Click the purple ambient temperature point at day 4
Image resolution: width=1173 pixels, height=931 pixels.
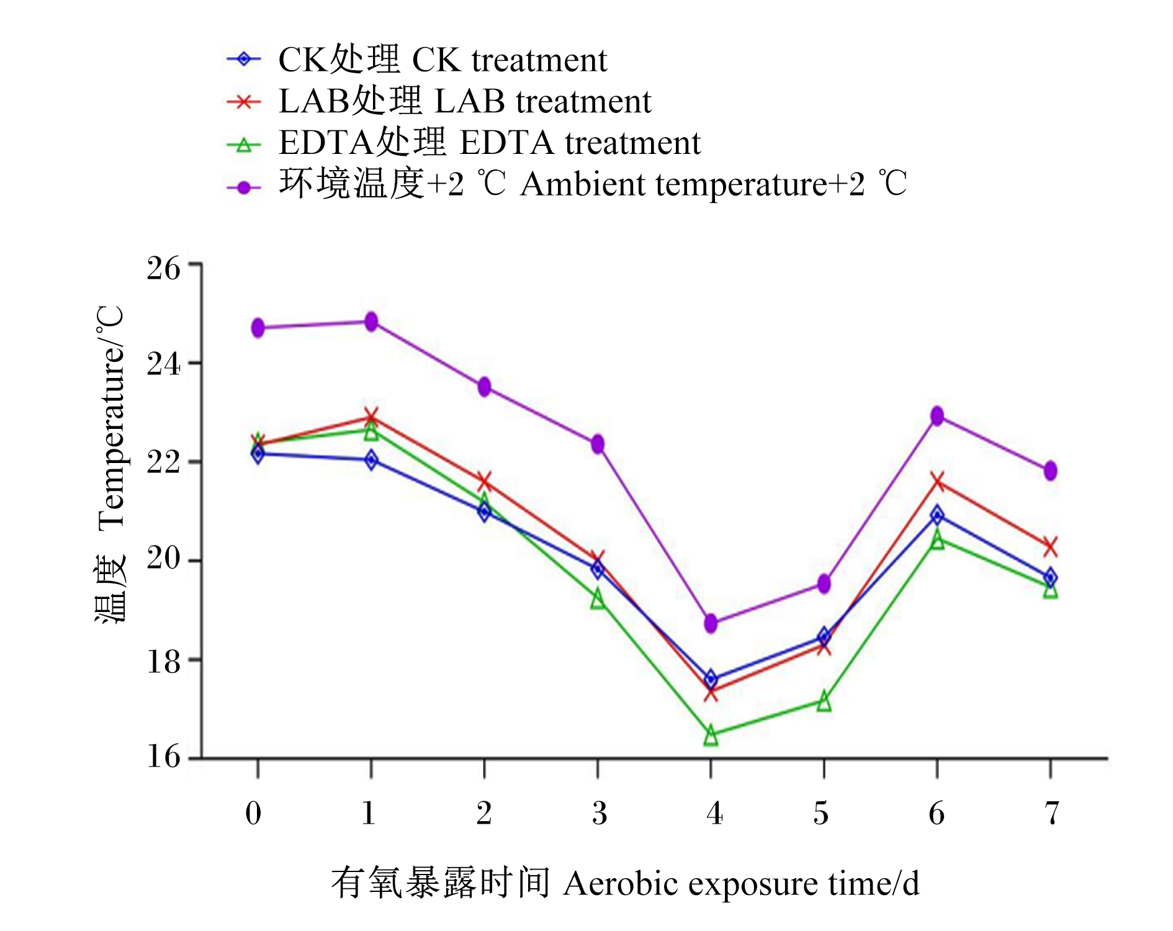(x=711, y=623)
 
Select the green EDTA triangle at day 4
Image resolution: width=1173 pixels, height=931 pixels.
(x=711, y=736)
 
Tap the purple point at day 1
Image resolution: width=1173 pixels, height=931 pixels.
(x=371, y=322)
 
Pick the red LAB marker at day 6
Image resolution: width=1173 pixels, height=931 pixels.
(x=937, y=481)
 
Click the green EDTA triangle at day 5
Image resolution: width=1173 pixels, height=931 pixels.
(x=824, y=701)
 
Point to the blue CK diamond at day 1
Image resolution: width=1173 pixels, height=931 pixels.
(x=371, y=460)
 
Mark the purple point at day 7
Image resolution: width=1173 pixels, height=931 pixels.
(x=1050, y=470)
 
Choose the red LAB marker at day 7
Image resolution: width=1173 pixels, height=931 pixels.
(x=1050, y=546)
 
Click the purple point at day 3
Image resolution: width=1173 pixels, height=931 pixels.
(x=598, y=444)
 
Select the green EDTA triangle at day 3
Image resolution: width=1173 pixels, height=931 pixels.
(x=598, y=598)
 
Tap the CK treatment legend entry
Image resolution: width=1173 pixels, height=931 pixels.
(x=417, y=60)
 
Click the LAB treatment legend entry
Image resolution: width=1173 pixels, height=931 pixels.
(x=439, y=101)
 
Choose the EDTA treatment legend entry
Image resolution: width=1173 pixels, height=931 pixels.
(x=464, y=143)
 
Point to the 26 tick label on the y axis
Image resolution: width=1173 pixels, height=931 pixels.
(x=163, y=268)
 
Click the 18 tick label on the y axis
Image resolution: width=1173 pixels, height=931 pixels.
(x=163, y=662)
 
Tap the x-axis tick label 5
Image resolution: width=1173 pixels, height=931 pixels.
(x=821, y=813)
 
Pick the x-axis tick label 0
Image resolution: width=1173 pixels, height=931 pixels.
(x=253, y=813)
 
